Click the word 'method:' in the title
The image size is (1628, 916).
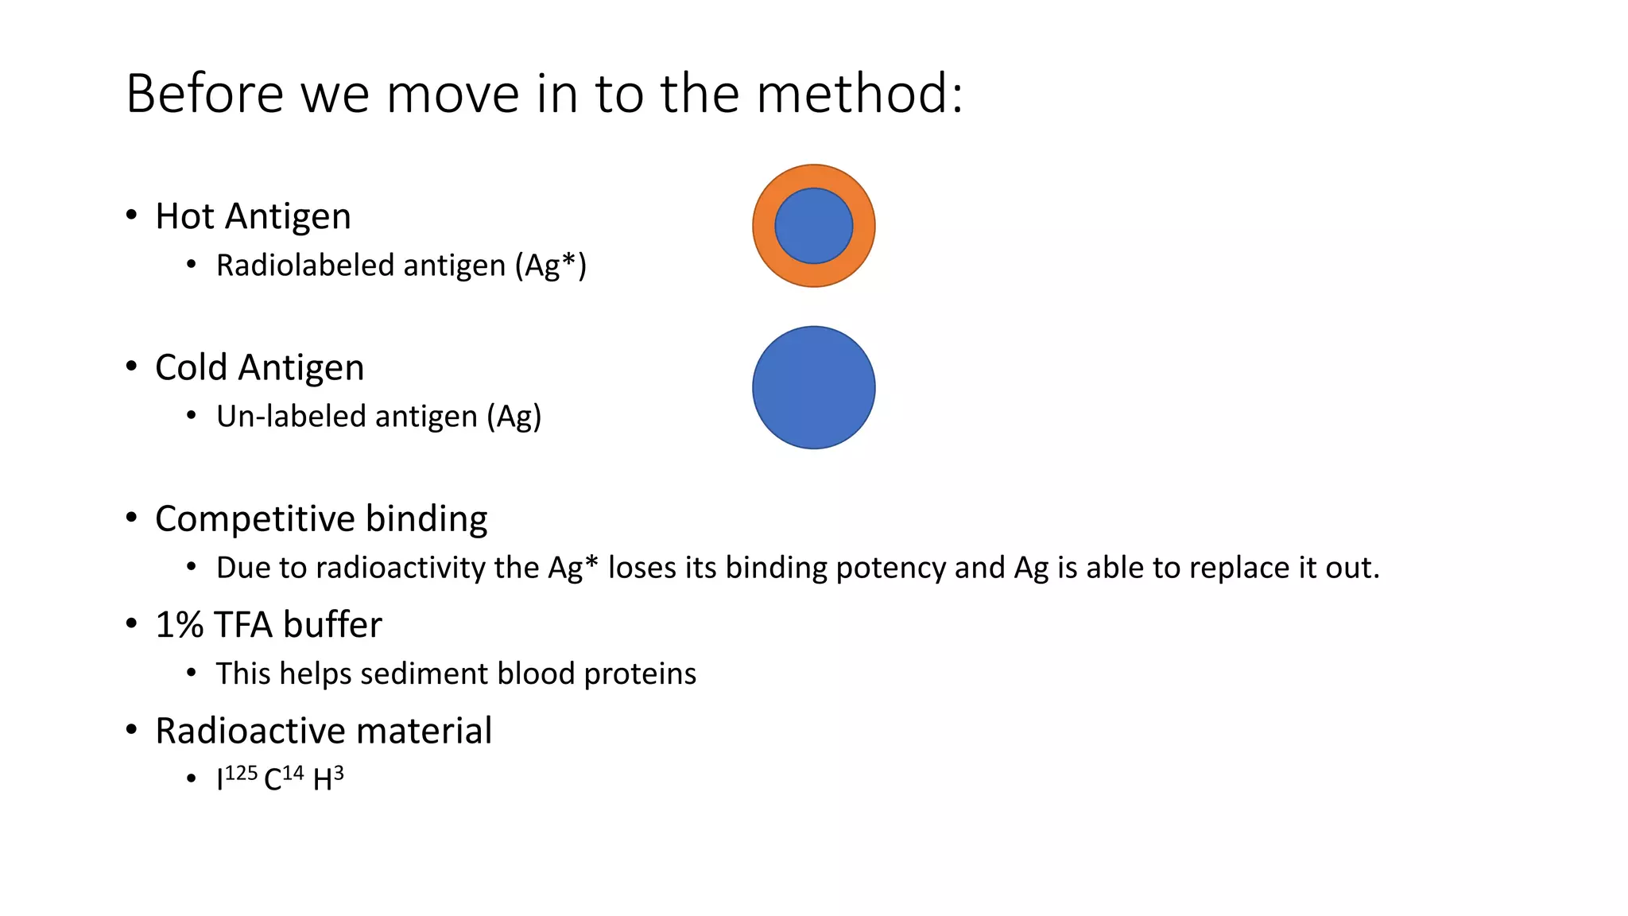860,94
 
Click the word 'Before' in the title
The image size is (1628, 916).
204,94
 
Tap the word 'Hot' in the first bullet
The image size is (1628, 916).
184,216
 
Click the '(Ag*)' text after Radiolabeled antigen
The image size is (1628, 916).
550,266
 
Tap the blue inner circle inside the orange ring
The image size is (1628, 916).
813,226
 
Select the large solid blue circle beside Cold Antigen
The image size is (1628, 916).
813,387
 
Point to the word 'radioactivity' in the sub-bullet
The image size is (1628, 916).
400,568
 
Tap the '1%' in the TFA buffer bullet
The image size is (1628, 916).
179,625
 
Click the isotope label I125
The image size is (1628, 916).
236,778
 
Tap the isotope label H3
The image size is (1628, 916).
328,778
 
